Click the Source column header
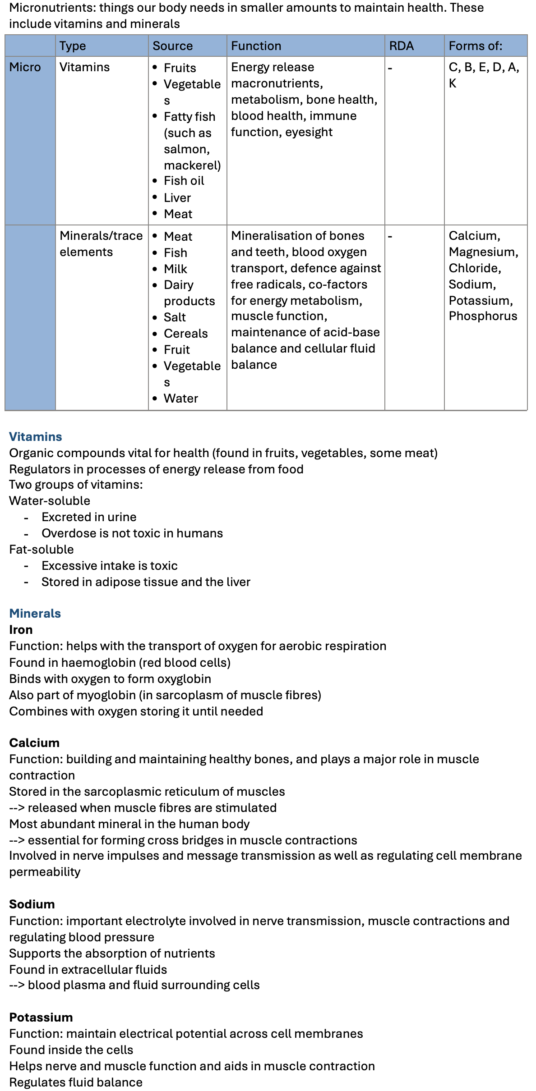point(172,46)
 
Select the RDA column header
point(401,46)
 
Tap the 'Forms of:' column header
point(475,46)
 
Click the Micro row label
point(25,68)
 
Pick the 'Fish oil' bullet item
point(184,181)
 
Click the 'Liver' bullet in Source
point(177,198)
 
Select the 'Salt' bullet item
point(175,317)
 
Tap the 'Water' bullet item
point(181,399)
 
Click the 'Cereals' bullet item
point(185,334)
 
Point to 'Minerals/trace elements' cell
point(101,243)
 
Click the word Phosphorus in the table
point(483,316)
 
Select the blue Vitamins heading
point(36,437)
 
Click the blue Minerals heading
point(35,614)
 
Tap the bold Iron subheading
point(21,630)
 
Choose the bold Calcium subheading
point(34,743)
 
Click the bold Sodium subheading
point(32,904)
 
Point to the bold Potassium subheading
point(41,1018)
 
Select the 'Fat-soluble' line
point(42,550)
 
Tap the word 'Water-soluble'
point(50,501)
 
